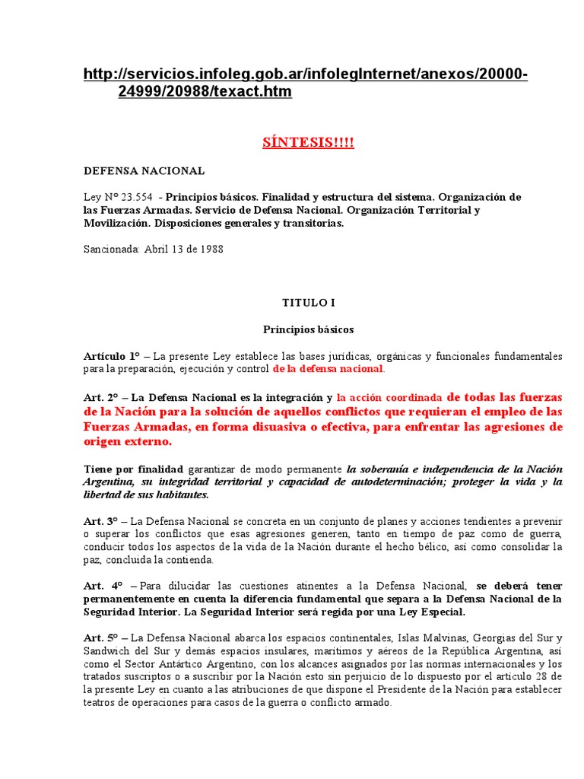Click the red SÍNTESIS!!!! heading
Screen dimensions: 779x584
click(x=308, y=144)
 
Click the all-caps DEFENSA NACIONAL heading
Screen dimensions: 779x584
click(x=144, y=171)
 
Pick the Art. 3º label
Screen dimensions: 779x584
click(x=103, y=520)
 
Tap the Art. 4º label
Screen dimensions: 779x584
click(x=103, y=586)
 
